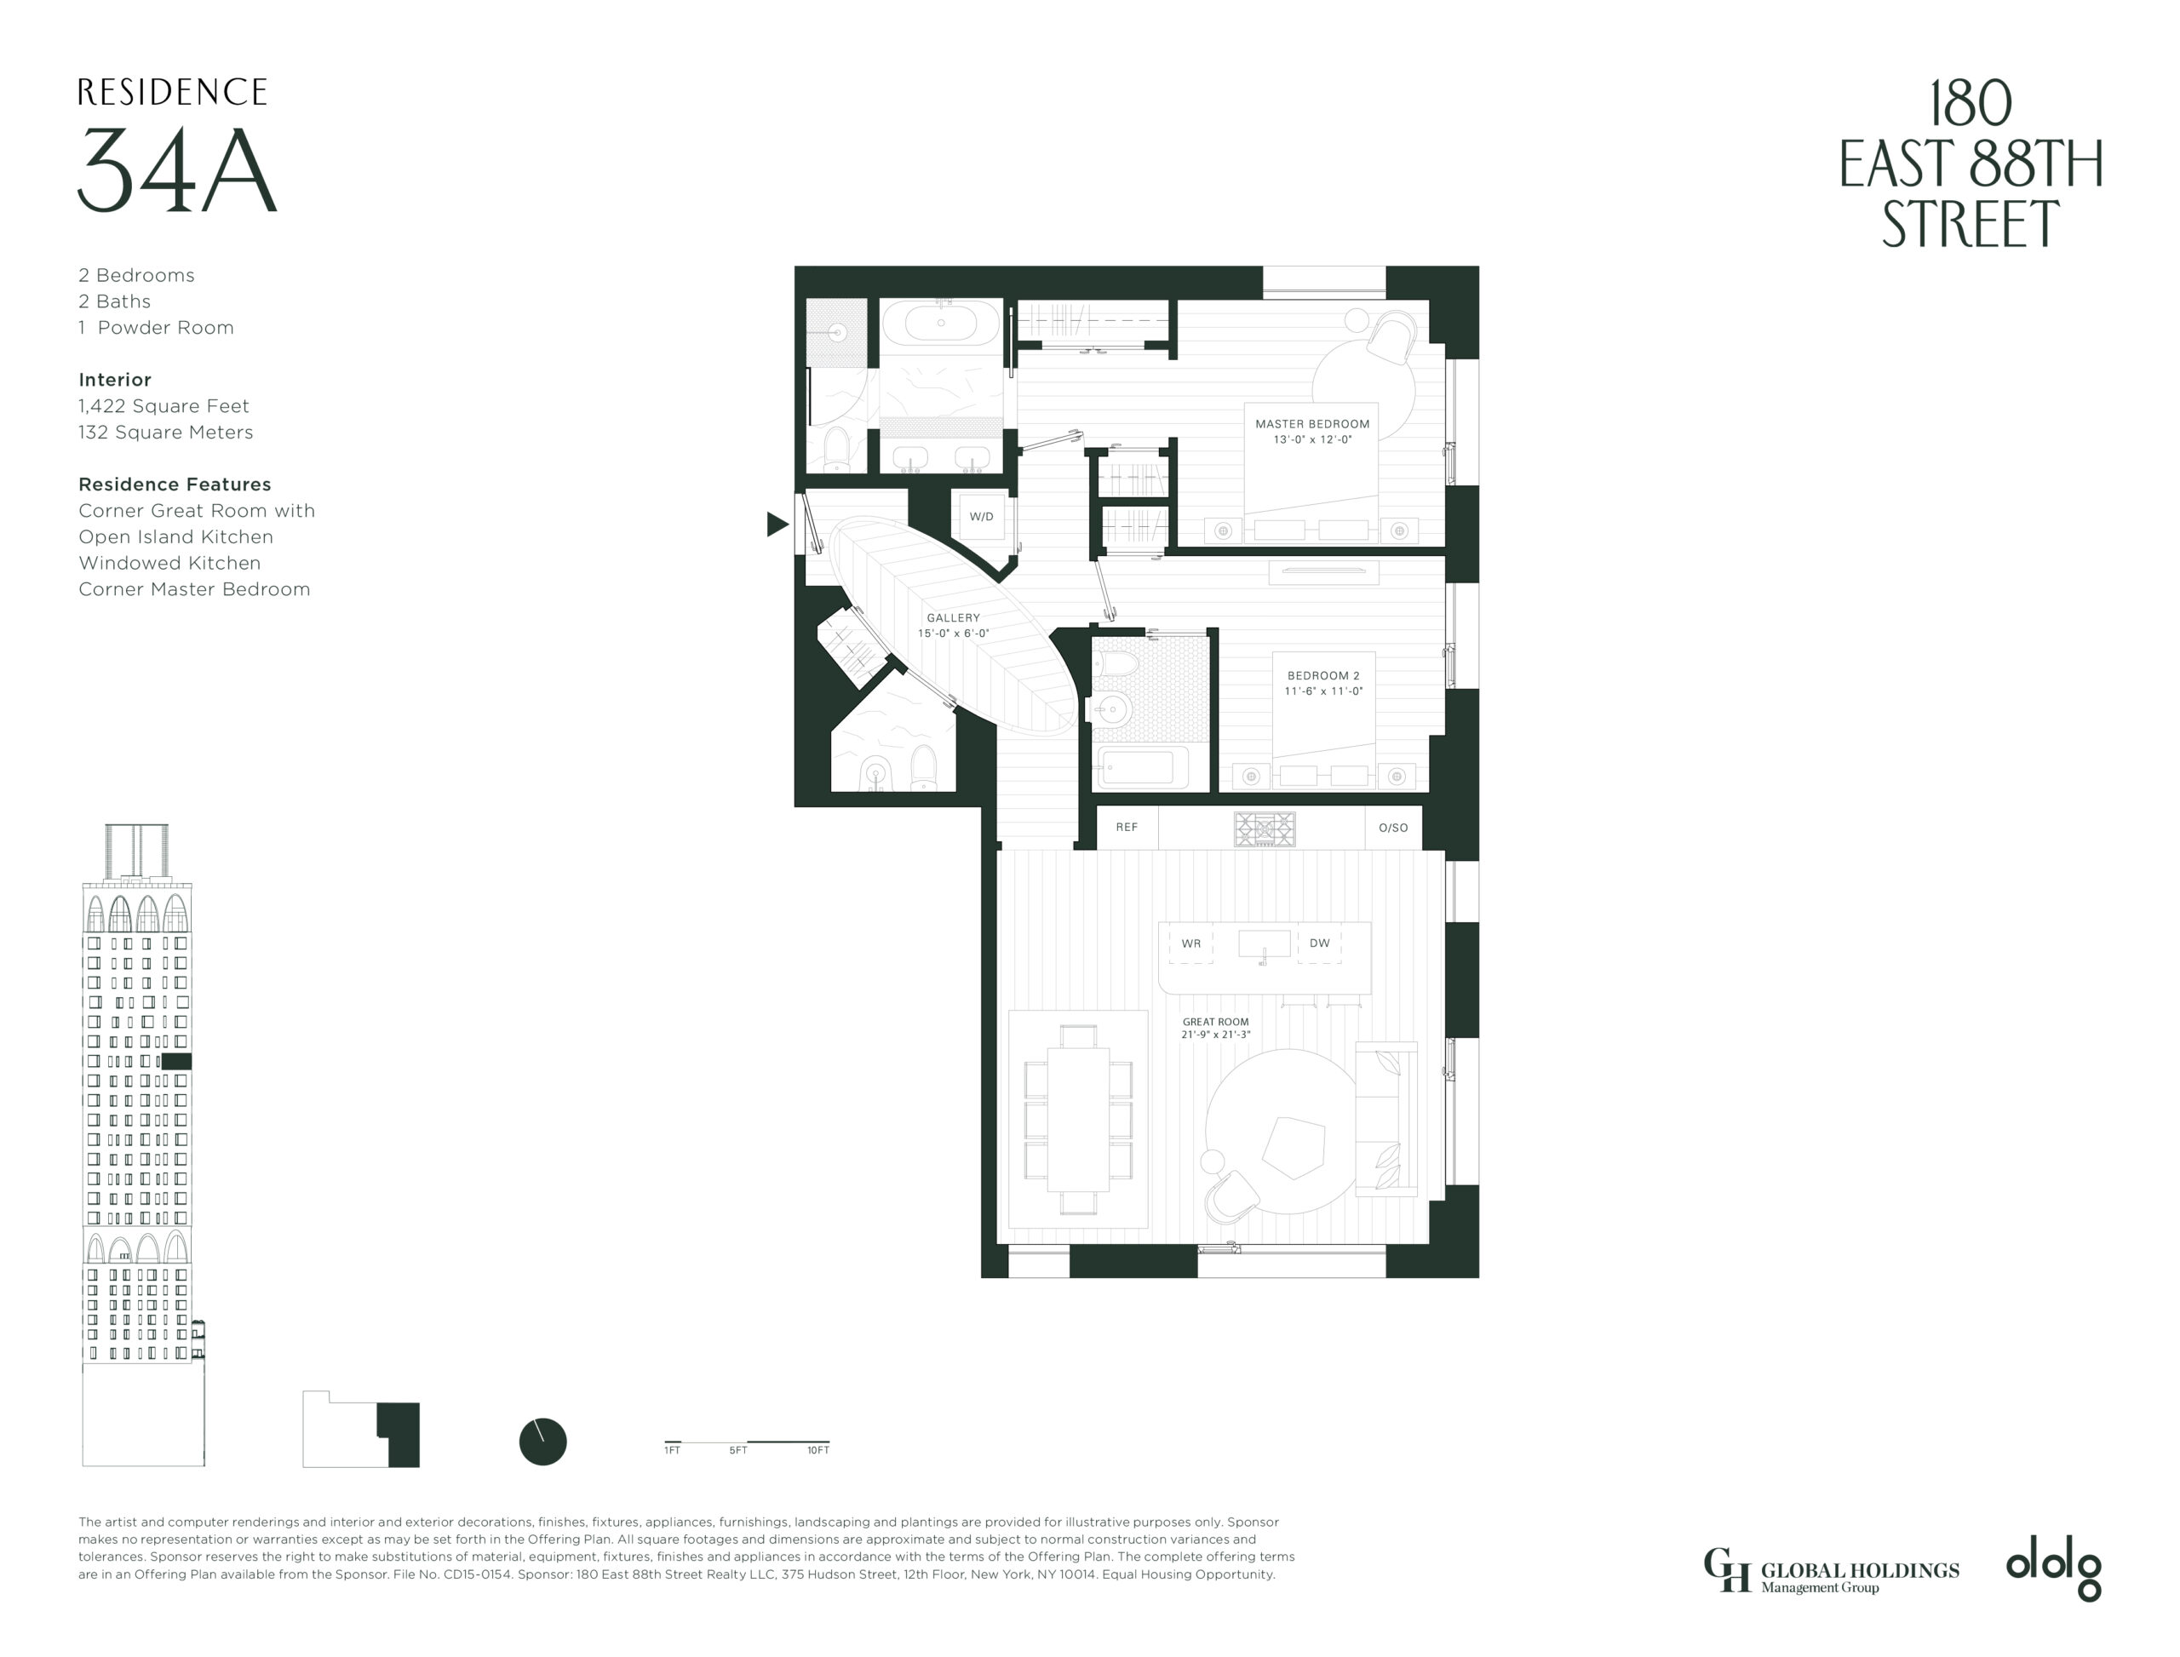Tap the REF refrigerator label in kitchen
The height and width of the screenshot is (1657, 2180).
tap(1127, 828)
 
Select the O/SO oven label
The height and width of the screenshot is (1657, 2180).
tap(1393, 828)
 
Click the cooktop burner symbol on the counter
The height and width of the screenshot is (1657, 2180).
tap(1264, 829)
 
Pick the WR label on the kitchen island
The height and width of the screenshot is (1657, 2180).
tap(1190, 944)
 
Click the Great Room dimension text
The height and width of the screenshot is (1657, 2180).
tap(1215, 1035)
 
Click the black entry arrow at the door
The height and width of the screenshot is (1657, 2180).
tap(777, 525)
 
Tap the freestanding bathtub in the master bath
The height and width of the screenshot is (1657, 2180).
tap(941, 323)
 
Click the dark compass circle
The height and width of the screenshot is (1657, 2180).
tap(542, 1442)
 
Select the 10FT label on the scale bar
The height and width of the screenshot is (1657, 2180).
tap(817, 1451)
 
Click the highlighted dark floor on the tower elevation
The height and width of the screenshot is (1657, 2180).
tap(175, 1061)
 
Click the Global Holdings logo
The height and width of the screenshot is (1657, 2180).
tap(1831, 1571)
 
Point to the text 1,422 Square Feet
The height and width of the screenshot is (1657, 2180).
tap(163, 406)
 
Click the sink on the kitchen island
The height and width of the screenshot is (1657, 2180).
tap(1264, 944)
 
